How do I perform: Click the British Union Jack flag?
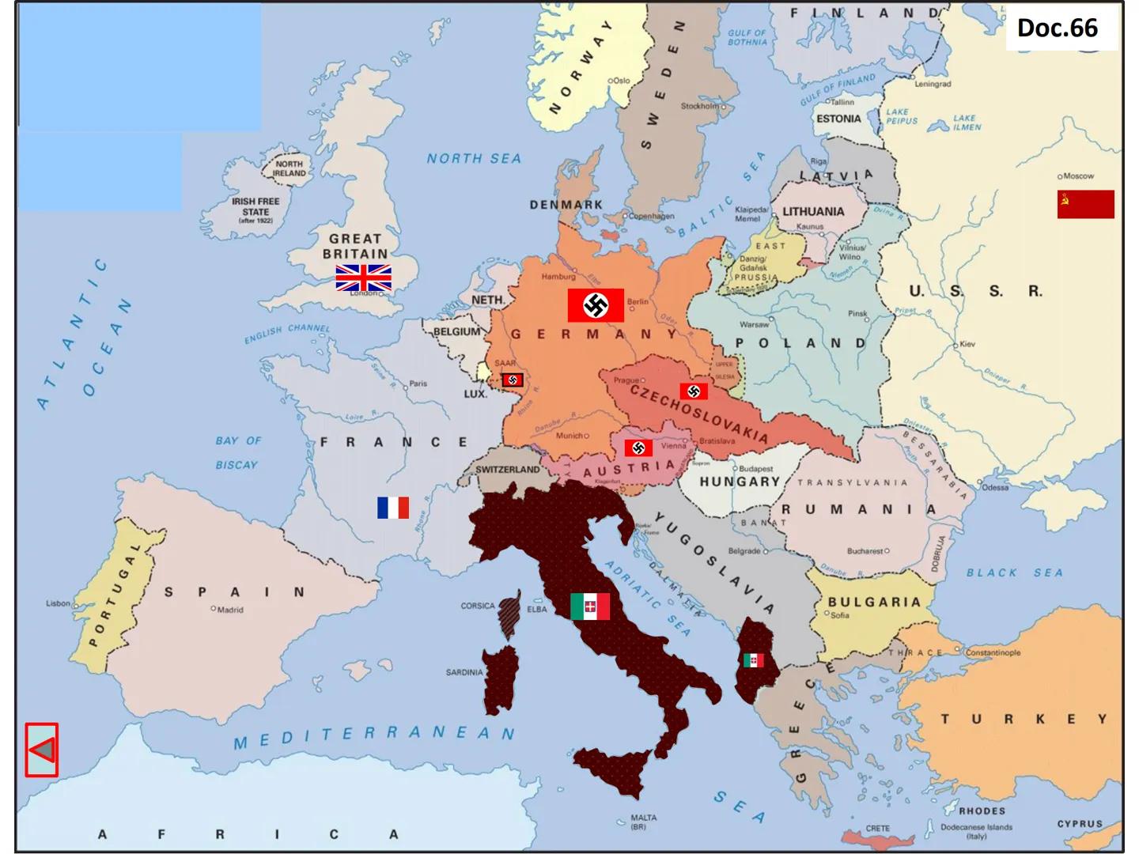363,278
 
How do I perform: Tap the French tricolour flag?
393,508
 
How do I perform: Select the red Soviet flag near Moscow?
1085,204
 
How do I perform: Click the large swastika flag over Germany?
596,305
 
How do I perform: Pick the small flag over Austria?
638,448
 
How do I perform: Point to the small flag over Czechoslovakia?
694,391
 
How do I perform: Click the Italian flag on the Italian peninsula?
590,606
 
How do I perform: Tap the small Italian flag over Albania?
753,659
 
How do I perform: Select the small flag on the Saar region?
513,380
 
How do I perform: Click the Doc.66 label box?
1058,28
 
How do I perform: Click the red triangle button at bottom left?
41,750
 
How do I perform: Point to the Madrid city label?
229,610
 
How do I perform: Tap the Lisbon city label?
58,603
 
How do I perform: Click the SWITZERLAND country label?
507,470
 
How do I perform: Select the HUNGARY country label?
740,482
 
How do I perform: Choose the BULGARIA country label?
874,602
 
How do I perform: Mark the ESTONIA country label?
838,119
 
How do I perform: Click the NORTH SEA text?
474,159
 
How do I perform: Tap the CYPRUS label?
1080,823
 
